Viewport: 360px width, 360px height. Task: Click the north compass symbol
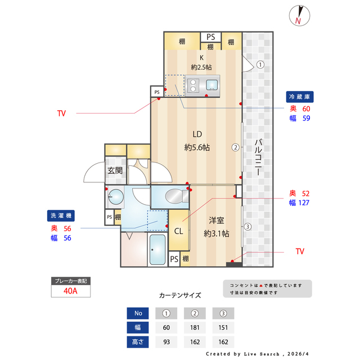click(x=298, y=16)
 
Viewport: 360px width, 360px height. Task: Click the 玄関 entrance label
click(x=115, y=171)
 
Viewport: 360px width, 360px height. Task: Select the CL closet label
click(x=178, y=231)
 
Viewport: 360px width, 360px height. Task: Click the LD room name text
click(x=197, y=135)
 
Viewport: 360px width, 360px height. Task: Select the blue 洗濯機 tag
click(x=61, y=216)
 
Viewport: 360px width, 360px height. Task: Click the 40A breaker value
click(x=70, y=291)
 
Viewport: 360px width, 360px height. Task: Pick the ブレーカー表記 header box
click(x=70, y=280)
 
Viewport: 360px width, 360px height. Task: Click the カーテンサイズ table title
click(x=179, y=295)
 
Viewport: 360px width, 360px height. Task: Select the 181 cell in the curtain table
click(x=195, y=327)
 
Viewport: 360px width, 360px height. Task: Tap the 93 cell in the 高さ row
click(x=166, y=341)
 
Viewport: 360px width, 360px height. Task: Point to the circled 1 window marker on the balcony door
click(x=260, y=65)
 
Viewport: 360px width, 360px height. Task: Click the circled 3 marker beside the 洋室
click(x=247, y=227)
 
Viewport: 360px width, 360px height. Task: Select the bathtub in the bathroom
click(x=157, y=249)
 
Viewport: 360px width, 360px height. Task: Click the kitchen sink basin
click(x=213, y=85)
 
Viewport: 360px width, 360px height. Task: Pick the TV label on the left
click(x=61, y=113)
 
